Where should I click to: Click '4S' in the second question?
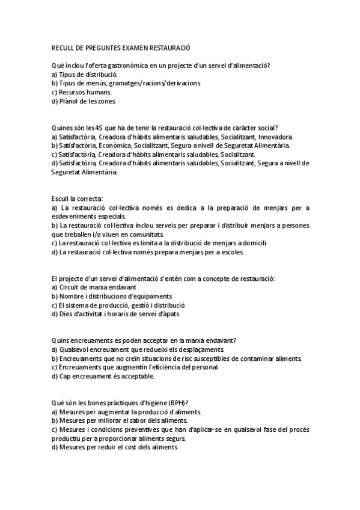tap(91, 127)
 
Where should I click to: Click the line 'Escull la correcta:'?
tap(78, 198)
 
